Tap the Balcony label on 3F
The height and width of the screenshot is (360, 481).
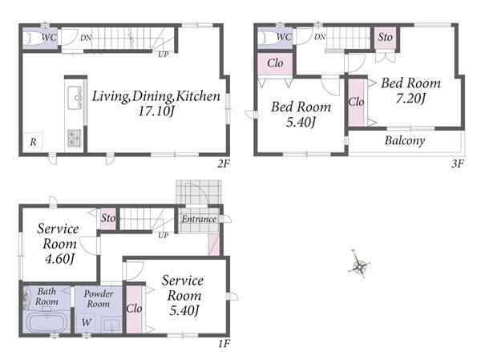[405, 140]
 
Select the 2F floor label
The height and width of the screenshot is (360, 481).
[224, 164]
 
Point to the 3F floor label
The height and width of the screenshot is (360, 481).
[457, 164]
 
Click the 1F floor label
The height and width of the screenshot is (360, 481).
[224, 343]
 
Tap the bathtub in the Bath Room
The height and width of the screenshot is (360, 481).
[46, 322]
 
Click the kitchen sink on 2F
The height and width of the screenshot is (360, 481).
[75, 98]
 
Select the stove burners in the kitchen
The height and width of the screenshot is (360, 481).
[75, 138]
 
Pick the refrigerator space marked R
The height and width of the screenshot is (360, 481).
[33, 142]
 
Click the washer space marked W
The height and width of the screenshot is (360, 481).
[87, 322]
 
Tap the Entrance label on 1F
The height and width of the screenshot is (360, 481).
[199, 219]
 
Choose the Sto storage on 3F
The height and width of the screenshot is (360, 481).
[385, 38]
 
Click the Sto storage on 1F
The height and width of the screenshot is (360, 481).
[108, 219]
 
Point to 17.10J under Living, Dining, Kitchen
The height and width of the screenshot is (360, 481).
[156, 111]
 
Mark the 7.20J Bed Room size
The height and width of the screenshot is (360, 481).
[410, 98]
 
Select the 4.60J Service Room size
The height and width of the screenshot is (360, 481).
[60, 259]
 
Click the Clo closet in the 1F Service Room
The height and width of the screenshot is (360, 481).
[134, 309]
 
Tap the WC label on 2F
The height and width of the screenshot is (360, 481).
[49, 38]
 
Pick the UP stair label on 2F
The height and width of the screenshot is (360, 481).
[164, 55]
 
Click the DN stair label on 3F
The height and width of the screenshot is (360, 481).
[320, 37]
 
